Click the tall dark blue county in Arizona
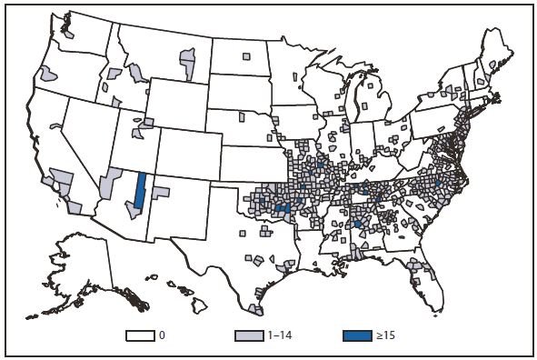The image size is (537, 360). click(x=140, y=193)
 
